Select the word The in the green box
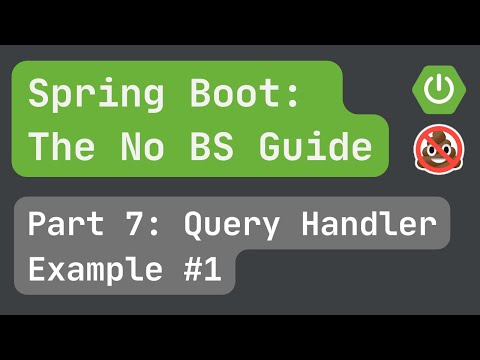point(57,147)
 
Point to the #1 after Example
point(199,270)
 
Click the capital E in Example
point(37,270)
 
